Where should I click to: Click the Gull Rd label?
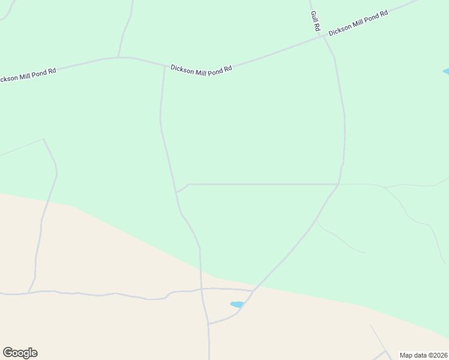click(315, 22)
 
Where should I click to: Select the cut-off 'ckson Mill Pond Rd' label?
click(28, 74)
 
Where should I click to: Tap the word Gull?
click(314, 17)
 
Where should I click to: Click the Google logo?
click(20, 353)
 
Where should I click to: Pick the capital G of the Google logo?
click(8, 353)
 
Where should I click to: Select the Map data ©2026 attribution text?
click(423, 355)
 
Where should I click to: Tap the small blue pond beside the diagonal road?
click(237, 304)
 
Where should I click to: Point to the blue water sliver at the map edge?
click(445, 72)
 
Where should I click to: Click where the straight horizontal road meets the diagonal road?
click(338, 184)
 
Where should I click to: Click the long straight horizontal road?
click(264, 184)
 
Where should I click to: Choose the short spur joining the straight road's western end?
click(182, 188)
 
